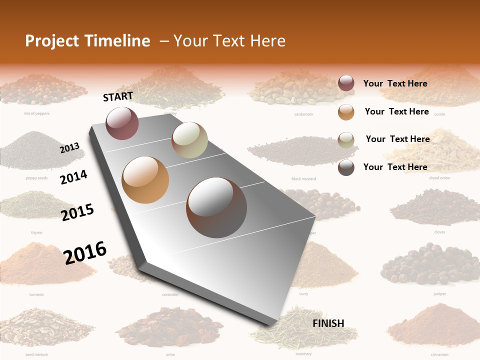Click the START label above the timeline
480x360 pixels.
pos(118,96)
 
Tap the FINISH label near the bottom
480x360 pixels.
pos(328,323)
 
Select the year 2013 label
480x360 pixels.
pos(69,148)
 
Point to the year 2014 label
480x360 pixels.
pos(73,177)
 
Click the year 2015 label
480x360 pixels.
pos(77,212)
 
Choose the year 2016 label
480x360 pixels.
pos(85,252)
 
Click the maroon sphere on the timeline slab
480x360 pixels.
pos(122,123)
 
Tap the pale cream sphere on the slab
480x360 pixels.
pos(189,140)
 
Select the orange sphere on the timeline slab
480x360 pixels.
pos(145,179)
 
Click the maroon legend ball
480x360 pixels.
pos(346,83)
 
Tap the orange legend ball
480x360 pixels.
pos(346,111)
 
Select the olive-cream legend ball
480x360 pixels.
pos(346,139)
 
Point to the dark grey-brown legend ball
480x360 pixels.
pos(346,167)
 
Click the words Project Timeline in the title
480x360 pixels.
pos(87,41)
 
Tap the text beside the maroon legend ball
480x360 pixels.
pos(395,83)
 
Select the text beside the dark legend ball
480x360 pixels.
pos(395,167)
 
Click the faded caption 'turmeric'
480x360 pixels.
pos(36,294)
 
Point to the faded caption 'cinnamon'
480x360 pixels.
pos(439,354)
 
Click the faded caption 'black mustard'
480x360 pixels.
pos(303,178)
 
